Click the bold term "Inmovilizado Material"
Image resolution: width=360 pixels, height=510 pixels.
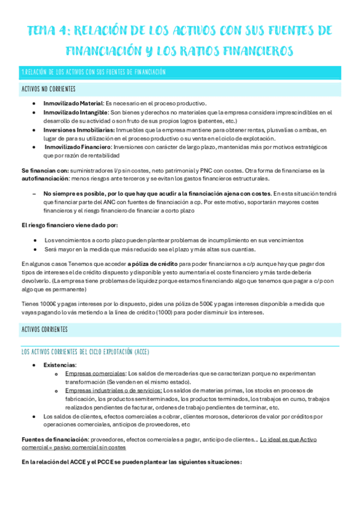(73, 103)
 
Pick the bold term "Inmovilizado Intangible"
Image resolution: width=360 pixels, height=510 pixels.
(75, 112)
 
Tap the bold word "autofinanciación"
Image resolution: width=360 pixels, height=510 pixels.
(47, 179)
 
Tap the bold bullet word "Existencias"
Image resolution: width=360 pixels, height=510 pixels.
(59, 365)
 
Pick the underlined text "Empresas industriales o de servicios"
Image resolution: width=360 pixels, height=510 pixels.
(114, 390)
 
